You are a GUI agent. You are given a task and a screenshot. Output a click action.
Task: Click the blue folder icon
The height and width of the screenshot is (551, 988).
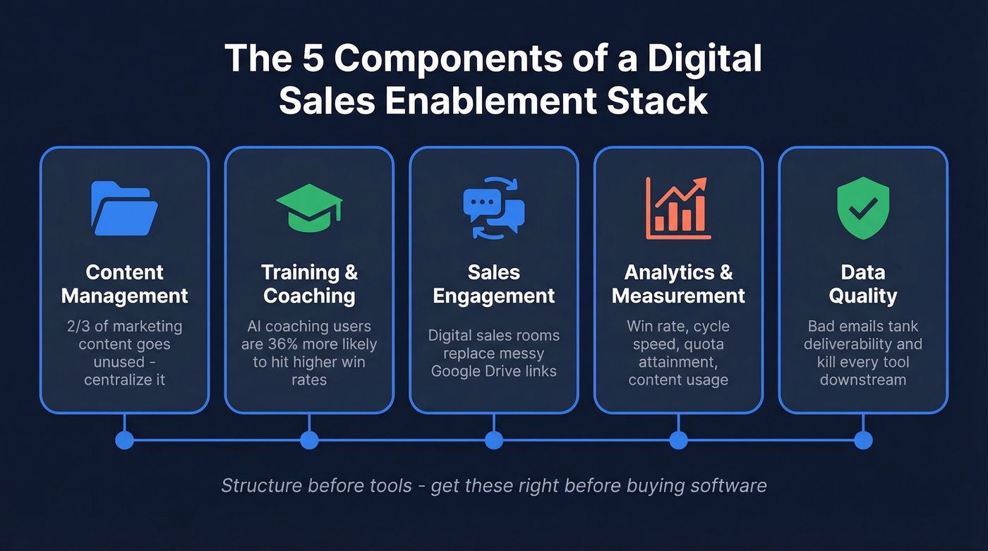124,208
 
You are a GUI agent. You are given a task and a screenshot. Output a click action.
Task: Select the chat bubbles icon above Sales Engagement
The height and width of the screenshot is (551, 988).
494,208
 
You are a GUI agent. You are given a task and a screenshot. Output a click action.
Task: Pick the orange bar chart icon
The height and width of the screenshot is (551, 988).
678,208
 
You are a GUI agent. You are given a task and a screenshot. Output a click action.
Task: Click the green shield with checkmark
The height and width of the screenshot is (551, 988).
862,208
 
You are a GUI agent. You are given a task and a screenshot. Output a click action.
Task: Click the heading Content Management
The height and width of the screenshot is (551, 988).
124,284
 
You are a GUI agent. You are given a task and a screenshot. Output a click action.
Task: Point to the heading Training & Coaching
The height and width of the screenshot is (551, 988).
309,284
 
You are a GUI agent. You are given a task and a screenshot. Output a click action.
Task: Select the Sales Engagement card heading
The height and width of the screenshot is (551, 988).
494,284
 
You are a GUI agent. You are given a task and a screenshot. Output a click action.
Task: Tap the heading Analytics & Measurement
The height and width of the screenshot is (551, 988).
678,284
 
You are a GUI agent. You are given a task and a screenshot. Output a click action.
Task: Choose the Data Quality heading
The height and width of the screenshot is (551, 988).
862,284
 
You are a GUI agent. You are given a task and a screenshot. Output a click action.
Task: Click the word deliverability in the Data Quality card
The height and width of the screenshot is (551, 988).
854,344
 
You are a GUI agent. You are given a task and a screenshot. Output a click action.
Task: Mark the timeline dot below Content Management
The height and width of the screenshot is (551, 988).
124,440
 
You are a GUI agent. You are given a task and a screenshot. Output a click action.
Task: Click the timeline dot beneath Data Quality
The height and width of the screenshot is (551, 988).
862,440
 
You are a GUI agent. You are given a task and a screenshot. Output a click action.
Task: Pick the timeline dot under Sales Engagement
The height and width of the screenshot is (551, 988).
494,440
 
